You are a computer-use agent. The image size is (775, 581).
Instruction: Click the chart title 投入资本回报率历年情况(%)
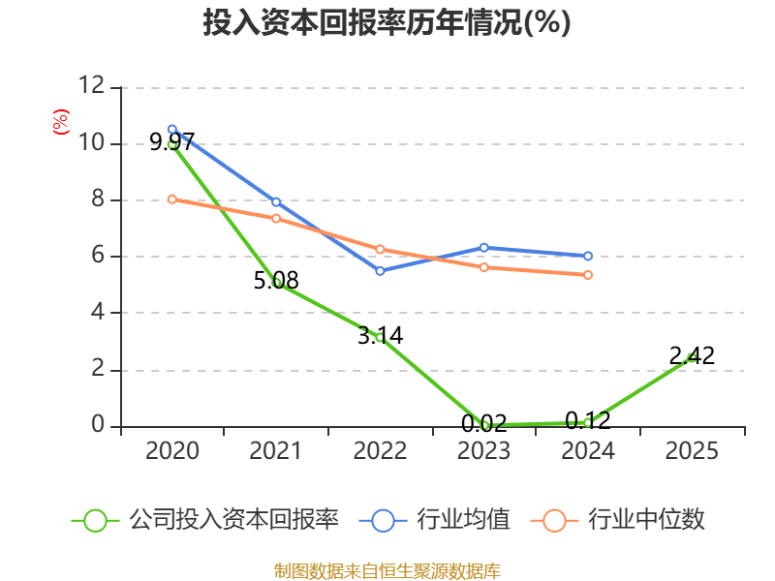point(387,22)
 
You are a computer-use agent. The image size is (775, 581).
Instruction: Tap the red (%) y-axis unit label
point(61,122)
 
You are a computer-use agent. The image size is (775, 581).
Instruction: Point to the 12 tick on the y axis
point(92,85)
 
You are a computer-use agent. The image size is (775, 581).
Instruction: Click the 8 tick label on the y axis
point(98,199)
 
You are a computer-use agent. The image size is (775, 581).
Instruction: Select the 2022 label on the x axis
point(380,450)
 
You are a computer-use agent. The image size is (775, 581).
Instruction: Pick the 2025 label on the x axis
point(692,450)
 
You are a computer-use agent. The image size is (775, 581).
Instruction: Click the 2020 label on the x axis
point(172,450)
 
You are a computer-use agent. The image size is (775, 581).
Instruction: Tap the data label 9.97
point(172,141)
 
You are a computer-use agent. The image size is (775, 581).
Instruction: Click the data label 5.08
point(276,280)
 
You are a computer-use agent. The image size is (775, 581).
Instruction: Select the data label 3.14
point(380,335)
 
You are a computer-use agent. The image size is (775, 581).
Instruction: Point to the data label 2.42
point(692,355)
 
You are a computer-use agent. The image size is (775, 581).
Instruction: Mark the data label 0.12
point(588,420)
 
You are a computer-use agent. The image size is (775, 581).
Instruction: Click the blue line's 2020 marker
point(172,130)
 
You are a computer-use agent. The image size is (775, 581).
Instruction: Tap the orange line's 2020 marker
point(172,199)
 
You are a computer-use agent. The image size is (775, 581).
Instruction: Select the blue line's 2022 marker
point(380,271)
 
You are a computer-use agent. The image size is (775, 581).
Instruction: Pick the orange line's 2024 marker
point(588,275)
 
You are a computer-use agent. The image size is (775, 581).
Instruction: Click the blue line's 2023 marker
point(483,248)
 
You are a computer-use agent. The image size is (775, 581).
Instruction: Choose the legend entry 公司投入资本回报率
point(204,520)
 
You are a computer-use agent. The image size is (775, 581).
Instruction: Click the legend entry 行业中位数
point(617,520)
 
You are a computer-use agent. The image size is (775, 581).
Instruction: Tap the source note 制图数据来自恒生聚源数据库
point(387,571)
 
